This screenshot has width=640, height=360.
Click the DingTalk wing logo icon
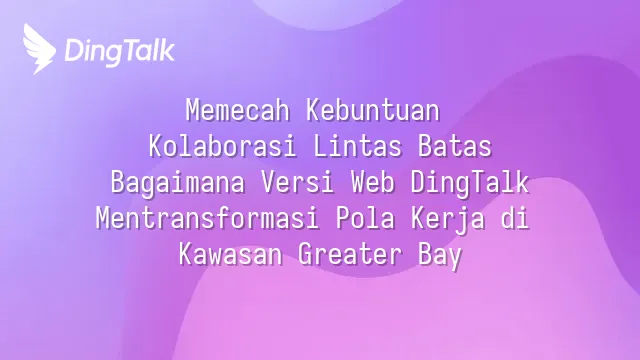(x=40, y=49)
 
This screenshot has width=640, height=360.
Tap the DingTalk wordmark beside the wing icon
(x=120, y=51)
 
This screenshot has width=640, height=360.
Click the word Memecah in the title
(x=238, y=110)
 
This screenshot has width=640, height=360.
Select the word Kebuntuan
(x=373, y=110)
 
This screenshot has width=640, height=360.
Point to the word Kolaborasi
(x=222, y=146)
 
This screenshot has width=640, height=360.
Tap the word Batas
(x=455, y=146)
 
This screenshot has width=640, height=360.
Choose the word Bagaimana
(x=178, y=182)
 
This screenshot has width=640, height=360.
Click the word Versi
(x=298, y=182)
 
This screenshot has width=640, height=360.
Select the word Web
(x=373, y=182)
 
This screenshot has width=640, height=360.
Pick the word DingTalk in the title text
(x=470, y=183)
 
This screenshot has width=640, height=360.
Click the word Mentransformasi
(x=207, y=218)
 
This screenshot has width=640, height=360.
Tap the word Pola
(x=365, y=218)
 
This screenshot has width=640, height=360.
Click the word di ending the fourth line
(x=515, y=218)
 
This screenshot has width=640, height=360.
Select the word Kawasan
(x=230, y=254)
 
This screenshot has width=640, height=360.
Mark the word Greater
(x=350, y=254)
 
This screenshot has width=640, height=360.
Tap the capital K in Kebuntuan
(x=313, y=110)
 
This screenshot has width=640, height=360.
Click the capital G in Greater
(x=305, y=254)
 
